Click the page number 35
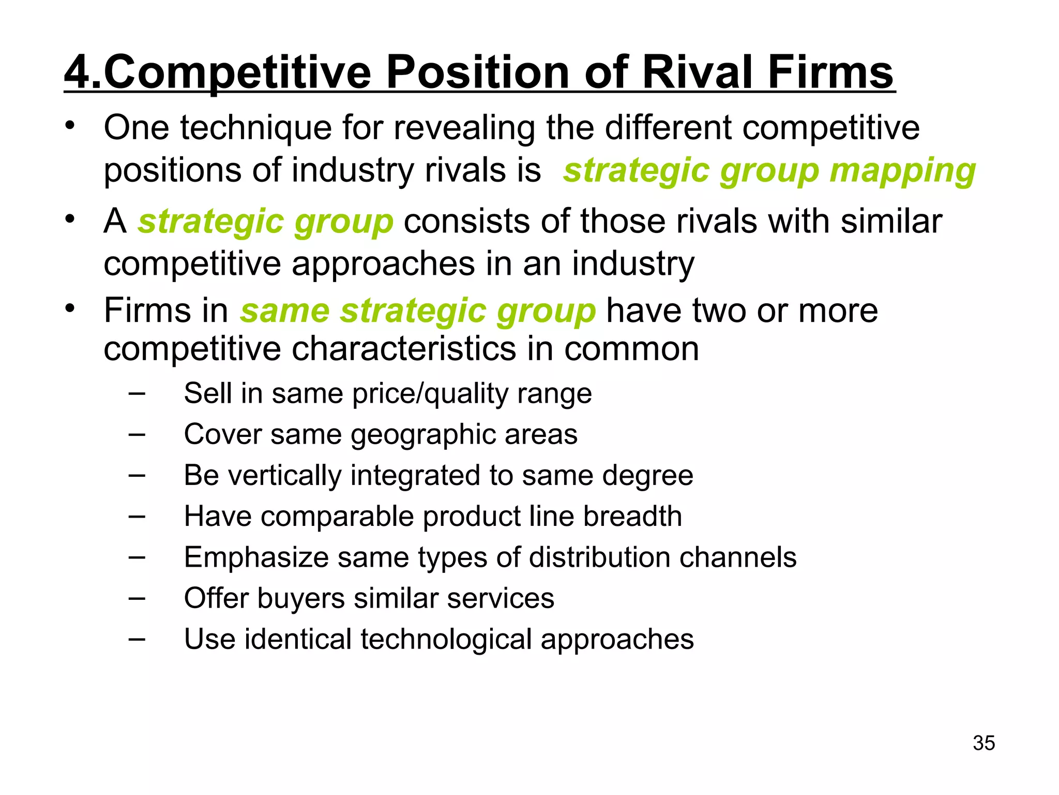coord(984,743)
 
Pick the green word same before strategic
coord(285,311)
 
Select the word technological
coord(446,639)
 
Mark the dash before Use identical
coord(137,639)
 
